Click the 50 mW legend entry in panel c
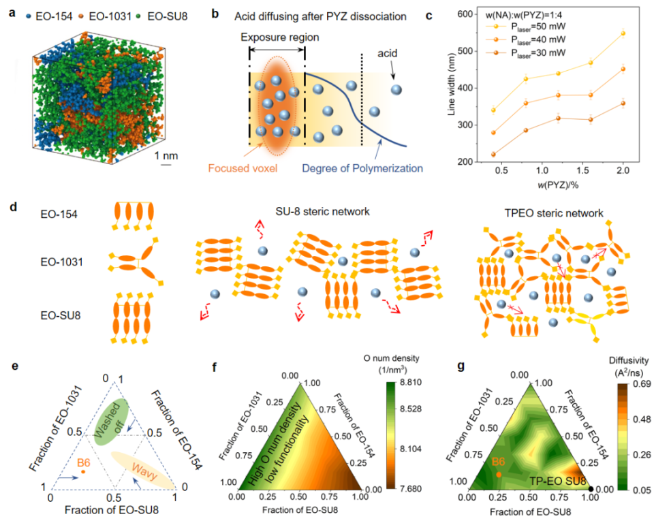coord(525,27)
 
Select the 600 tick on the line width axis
coord(465,14)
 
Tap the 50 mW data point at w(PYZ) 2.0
coord(623,33)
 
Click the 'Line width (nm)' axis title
coord(451,84)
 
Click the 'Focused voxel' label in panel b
coord(243,168)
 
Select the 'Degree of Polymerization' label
coord(362,168)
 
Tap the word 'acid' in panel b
coord(388,53)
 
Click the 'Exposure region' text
coord(280,37)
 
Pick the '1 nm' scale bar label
coord(166,155)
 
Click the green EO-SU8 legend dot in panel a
coord(138,16)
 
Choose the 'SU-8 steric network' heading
coord(322,212)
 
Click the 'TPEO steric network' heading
coord(554,213)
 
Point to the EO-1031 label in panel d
coord(62,262)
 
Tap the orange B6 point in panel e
coord(83,472)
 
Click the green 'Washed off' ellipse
coord(111,422)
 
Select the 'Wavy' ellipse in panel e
coord(143,470)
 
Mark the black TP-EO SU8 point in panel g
coord(591,489)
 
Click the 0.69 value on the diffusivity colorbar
coord(642,383)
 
